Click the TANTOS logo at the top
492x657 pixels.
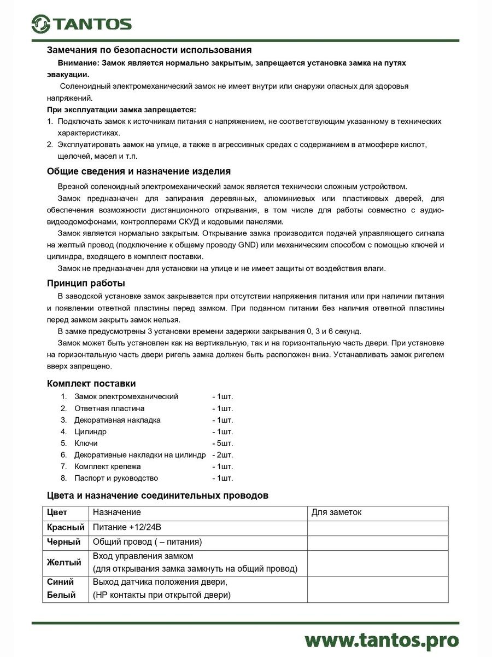point(81,24)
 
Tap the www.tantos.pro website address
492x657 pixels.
point(381,639)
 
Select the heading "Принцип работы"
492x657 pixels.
point(86,283)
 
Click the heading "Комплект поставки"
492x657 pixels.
point(91,383)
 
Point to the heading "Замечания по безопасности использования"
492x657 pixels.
point(149,50)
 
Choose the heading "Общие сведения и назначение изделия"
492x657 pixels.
point(139,171)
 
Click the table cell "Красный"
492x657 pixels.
point(66,527)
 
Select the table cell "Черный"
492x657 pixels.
point(64,542)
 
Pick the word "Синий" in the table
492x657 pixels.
point(61,581)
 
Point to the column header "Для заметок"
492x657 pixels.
point(336,512)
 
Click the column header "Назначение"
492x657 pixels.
point(117,512)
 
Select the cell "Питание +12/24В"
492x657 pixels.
point(127,527)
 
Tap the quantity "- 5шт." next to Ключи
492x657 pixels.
point(222,443)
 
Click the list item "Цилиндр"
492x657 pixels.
point(91,431)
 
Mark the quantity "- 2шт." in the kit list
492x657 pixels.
point(222,454)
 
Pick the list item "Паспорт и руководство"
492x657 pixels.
point(116,478)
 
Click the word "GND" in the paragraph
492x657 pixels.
point(247,245)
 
